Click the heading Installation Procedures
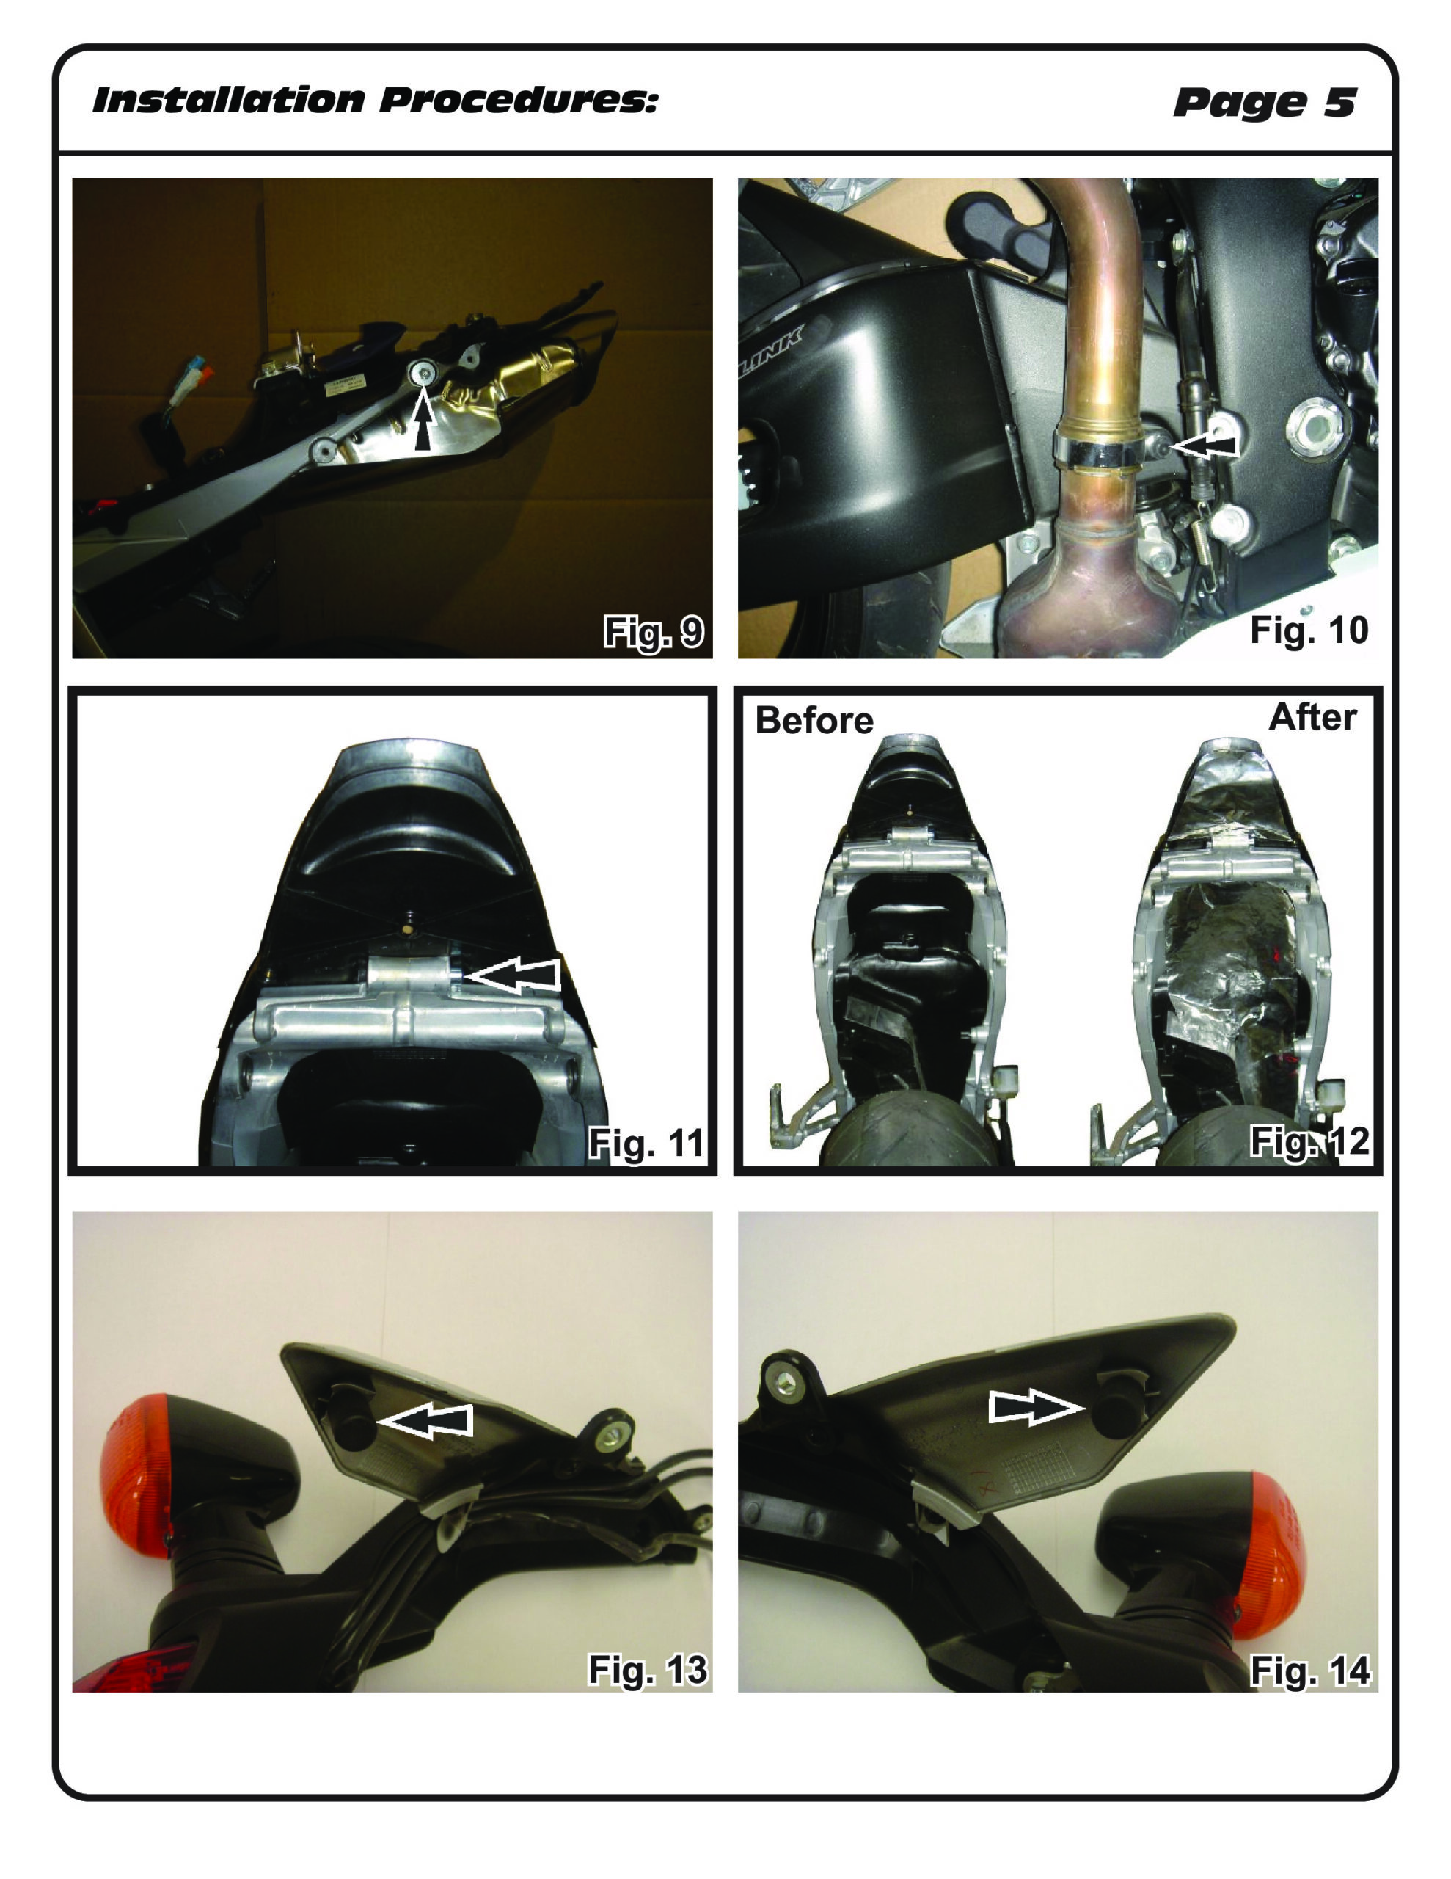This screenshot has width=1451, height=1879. click(376, 101)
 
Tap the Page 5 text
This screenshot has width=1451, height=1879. click(1265, 102)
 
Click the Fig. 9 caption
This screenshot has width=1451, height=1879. click(654, 633)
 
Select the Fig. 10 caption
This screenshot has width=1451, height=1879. click(1308, 630)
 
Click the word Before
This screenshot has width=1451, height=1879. click(814, 721)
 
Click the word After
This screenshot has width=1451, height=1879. click(1312, 718)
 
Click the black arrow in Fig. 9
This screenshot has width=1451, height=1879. click(423, 419)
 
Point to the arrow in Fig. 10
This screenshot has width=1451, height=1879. click(1204, 444)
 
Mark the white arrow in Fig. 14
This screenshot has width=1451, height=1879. click(1036, 1406)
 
